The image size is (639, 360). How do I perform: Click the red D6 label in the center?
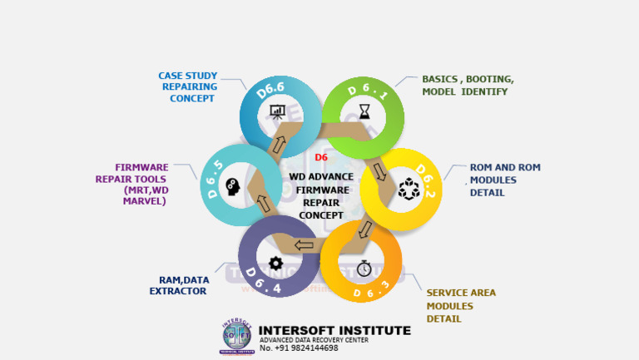coord(321,157)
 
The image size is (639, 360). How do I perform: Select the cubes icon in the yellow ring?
coord(409,190)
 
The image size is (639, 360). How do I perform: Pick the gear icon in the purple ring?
coord(276,263)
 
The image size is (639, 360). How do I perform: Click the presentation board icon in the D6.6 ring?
coord(277,111)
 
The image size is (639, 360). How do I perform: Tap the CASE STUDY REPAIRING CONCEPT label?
coord(187,86)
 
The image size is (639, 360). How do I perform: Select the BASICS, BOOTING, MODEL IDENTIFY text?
coord(468,85)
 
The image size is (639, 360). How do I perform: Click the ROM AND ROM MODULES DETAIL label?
coord(504,180)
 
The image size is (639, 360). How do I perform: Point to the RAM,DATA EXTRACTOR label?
coord(179,285)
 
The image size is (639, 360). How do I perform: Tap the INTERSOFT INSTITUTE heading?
coord(334,330)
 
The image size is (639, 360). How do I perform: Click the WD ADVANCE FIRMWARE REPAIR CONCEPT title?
coord(321,195)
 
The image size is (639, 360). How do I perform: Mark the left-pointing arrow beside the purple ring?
coord(304,245)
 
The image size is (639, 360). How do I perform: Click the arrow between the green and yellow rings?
coord(379,171)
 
